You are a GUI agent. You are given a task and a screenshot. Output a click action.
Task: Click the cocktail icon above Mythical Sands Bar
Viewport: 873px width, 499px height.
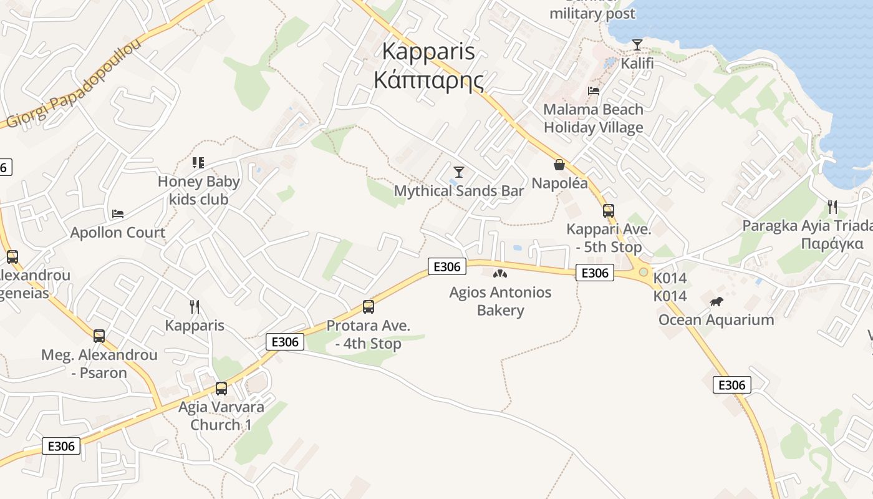[x=459, y=172]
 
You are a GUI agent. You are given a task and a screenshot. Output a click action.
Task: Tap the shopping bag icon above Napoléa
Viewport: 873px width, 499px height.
[x=559, y=165]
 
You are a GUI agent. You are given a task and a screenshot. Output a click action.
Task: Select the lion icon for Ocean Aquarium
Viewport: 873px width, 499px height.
[x=716, y=302]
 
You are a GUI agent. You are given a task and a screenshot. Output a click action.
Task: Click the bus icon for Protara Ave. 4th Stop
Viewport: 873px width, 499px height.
[x=369, y=307]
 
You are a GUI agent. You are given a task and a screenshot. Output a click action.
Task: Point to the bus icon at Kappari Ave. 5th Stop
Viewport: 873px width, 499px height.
[x=609, y=211]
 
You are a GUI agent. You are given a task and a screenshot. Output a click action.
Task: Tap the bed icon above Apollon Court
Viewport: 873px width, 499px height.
[x=118, y=214]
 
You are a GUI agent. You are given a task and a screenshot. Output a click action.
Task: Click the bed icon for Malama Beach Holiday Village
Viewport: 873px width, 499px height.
[x=594, y=91]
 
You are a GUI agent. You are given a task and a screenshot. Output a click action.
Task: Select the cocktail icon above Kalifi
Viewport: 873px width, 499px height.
[x=637, y=45]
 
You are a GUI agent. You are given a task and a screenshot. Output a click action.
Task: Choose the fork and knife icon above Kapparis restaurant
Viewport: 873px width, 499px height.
[x=195, y=307]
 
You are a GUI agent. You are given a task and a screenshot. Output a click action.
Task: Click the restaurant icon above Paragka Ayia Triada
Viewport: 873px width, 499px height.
[x=832, y=206]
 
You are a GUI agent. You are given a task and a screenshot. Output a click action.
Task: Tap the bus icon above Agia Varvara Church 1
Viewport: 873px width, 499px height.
[x=221, y=389]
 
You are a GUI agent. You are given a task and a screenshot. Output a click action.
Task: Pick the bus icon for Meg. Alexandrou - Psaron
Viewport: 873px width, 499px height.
[x=99, y=336]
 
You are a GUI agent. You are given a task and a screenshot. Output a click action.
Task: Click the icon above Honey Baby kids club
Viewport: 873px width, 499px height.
[x=198, y=163]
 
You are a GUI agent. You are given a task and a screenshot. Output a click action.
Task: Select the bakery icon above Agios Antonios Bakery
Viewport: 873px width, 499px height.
[x=500, y=273]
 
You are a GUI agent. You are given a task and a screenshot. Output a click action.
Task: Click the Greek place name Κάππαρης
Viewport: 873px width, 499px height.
[x=428, y=80]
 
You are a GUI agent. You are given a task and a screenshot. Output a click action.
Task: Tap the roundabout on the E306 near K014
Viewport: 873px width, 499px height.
[x=643, y=272]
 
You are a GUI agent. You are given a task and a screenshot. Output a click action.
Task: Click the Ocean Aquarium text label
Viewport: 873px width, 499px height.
[x=716, y=320]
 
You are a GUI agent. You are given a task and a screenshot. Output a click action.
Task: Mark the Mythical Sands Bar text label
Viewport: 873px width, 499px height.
[x=459, y=191]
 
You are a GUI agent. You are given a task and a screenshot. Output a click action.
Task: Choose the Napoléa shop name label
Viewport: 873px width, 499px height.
[x=559, y=183]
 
